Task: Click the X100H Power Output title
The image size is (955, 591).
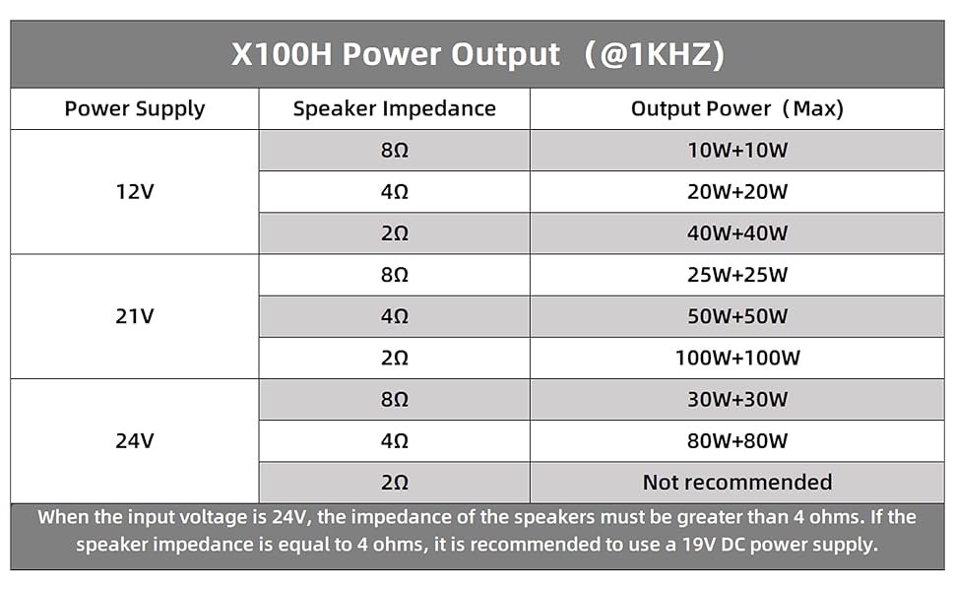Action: [x=477, y=54]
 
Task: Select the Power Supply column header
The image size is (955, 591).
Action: [x=135, y=108]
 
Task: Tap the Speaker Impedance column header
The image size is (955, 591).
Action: [x=394, y=108]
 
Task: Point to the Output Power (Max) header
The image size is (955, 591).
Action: [x=737, y=108]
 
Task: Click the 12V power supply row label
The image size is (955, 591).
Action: [x=135, y=192]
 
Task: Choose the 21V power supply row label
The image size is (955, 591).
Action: [x=135, y=316]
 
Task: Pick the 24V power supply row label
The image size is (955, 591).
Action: [x=135, y=440]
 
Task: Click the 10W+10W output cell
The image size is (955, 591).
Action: [x=737, y=151]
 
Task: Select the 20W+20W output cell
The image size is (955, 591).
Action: [x=737, y=192]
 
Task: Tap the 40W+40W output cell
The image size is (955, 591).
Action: [x=737, y=233]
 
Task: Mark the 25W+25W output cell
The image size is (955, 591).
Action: [x=737, y=275]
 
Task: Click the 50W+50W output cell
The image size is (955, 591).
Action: [x=737, y=316]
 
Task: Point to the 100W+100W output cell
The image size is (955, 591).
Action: [x=737, y=358]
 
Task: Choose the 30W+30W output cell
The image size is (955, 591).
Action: [x=737, y=399]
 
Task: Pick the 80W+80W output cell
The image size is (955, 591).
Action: [x=737, y=440]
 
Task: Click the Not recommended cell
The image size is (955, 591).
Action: [x=737, y=482]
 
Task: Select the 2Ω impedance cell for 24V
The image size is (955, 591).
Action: [x=394, y=482]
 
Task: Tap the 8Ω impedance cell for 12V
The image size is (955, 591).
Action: [x=394, y=151]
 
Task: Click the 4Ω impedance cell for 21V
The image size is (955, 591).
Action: [x=394, y=316]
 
